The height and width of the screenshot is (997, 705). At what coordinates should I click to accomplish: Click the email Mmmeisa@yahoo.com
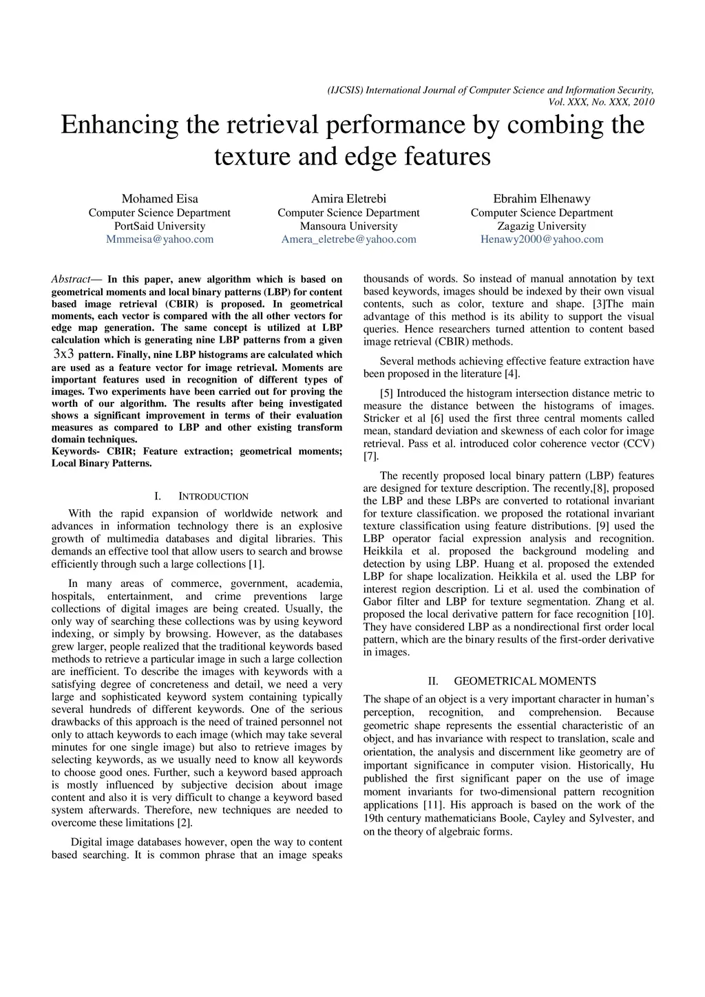160,239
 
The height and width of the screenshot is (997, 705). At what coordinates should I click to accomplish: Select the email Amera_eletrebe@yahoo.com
348,239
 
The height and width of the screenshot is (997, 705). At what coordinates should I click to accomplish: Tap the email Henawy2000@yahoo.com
542,239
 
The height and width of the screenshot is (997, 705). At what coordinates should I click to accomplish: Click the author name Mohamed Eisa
160,199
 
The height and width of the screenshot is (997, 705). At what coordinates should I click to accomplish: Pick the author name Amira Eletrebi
348,199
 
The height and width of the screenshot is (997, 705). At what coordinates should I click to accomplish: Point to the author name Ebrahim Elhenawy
542,199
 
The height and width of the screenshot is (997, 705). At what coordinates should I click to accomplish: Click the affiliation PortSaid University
160,226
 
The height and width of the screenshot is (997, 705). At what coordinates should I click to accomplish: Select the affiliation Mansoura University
348,226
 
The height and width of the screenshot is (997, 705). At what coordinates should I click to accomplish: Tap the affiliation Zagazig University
542,226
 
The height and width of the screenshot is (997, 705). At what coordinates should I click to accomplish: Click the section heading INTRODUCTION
213,496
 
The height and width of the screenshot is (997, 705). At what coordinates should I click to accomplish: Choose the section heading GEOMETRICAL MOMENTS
525,681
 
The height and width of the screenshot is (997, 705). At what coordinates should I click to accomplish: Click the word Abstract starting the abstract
71,279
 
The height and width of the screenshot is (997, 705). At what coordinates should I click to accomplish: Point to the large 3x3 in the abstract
63,354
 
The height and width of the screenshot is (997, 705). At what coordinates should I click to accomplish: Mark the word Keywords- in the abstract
75,451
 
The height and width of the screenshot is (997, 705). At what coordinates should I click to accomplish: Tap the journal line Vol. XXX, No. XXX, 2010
601,103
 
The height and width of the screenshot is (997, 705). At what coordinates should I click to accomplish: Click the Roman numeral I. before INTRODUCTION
158,496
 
